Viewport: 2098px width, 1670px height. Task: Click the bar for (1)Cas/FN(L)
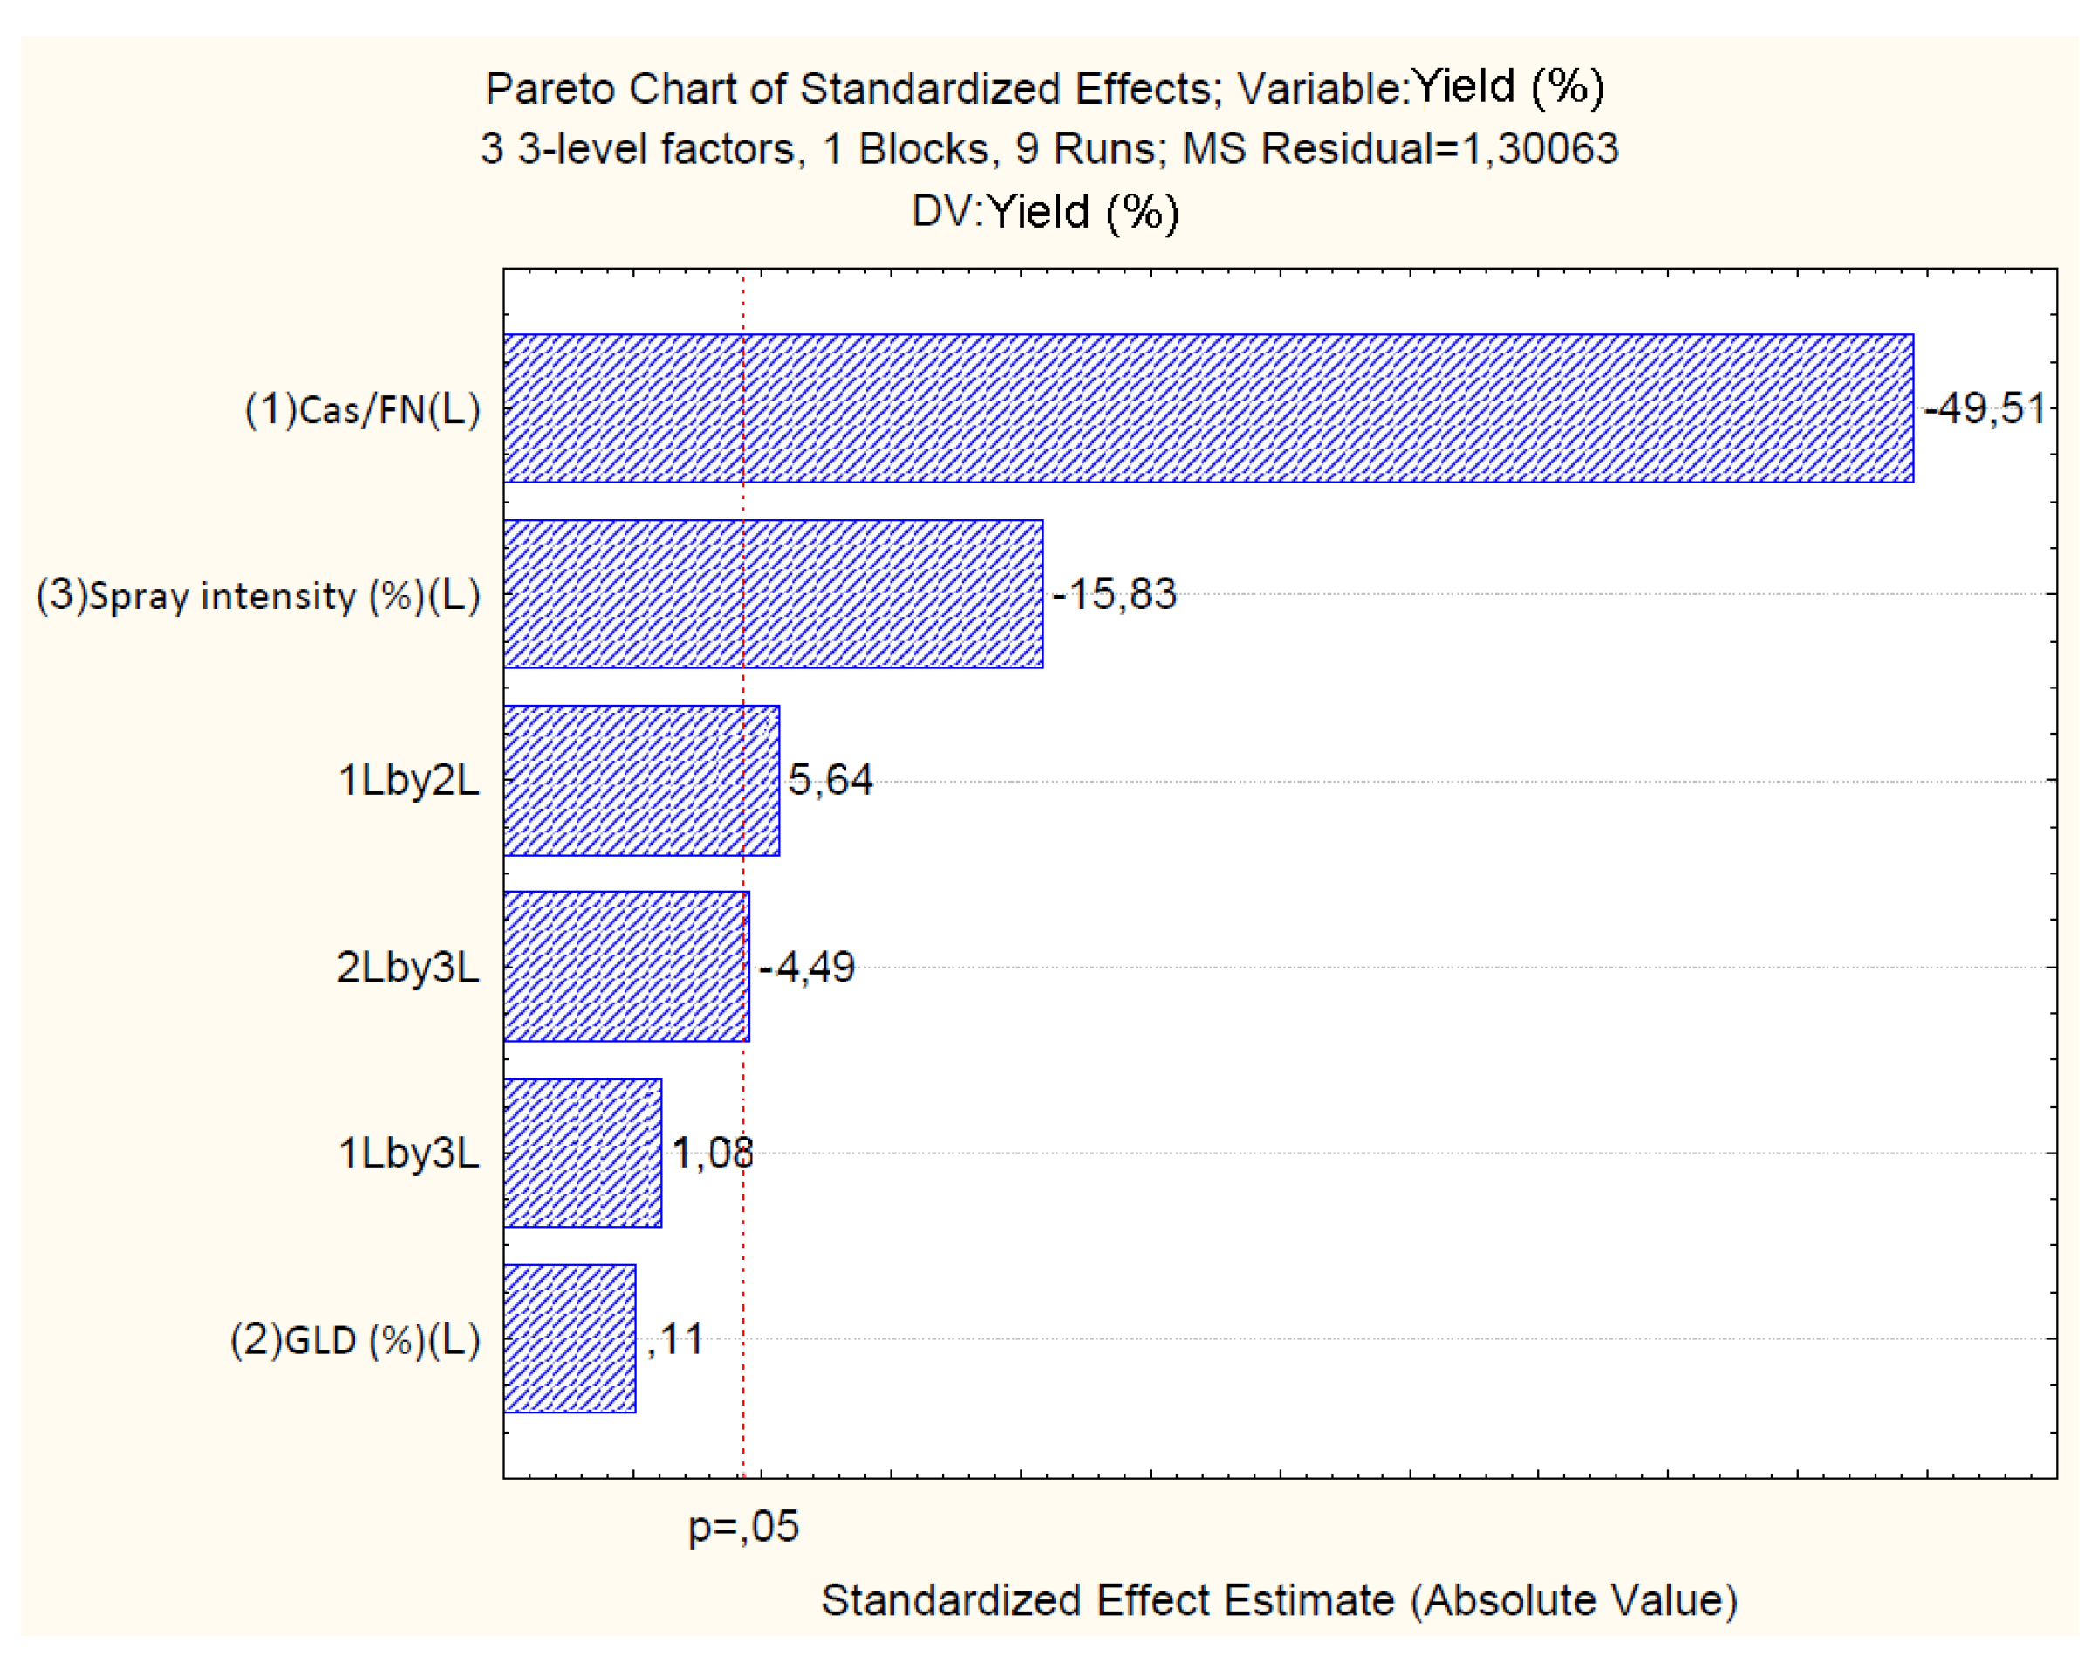click(x=1206, y=407)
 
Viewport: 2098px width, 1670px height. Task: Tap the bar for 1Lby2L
click(x=640, y=781)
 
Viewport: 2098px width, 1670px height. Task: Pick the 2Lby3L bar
click(x=625, y=967)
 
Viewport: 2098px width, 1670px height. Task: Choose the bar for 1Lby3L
click(x=582, y=1153)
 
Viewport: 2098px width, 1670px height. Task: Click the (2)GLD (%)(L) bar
click(x=570, y=1338)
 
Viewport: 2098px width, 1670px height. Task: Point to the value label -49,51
click(x=1985, y=408)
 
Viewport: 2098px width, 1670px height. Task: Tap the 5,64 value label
click(x=830, y=779)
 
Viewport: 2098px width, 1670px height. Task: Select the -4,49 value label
click(x=807, y=968)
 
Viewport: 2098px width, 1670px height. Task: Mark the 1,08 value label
click(x=713, y=1153)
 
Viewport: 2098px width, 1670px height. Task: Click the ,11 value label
click(x=674, y=1340)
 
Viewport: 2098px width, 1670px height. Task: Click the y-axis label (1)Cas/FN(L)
click(x=362, y=410)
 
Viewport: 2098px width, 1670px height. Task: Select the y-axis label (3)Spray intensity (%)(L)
click(x=258, y=596)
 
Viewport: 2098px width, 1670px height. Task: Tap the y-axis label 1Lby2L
click(x=409, y=781)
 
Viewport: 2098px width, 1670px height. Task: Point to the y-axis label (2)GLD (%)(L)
click(x=355, y=1340)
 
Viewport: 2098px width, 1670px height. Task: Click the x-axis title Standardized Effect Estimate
click(x=1279, y=1601)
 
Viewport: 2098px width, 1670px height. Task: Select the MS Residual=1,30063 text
click(x=1399, y=149)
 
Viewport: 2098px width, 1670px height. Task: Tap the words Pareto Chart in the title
click(x=612, y=90)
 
